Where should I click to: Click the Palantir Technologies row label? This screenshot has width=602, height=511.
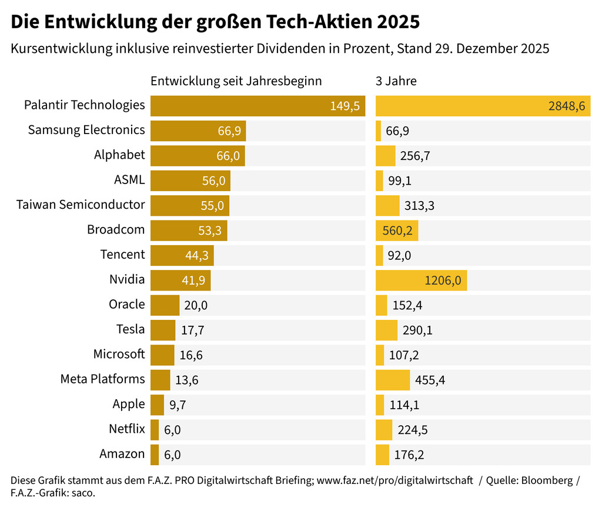pos(84,105)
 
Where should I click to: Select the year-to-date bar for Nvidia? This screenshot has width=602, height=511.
pos(180,280)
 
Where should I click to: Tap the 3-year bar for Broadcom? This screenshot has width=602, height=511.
pos(397,230)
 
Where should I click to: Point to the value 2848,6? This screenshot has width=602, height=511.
pos(567,106)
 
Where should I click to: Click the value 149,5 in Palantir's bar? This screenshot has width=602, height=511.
pos(345,106)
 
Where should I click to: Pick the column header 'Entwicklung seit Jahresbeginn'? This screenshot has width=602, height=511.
pos(236,81)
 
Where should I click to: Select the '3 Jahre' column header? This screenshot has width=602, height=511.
pos(396,81)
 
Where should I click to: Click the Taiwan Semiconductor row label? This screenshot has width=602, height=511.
pos(81,205)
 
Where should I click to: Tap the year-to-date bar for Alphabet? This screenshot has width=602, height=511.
pos(198,155)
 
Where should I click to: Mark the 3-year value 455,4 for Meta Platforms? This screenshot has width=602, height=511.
pos(430,380)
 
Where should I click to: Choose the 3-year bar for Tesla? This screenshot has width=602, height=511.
pos(386,330)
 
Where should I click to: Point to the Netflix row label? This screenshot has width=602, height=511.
pos(126,429)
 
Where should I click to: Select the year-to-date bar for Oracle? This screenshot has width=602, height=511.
pos(165,305)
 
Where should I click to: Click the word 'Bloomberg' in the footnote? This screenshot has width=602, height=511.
pos(544,480)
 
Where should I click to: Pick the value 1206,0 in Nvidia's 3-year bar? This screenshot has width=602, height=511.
pos(443,280)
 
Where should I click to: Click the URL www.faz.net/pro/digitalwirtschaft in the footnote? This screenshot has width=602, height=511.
pos(395,480)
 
